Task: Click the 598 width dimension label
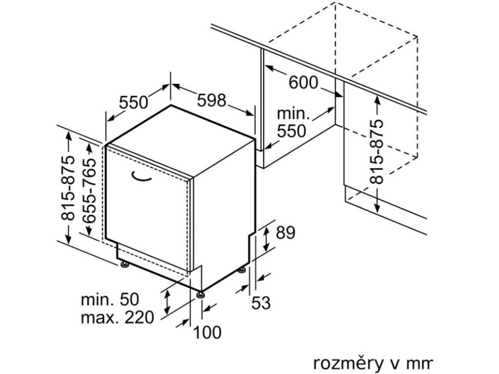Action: [x=211, y=101]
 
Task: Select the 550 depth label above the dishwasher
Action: [x=134, y=102]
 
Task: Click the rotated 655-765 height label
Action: [x=90, y=190]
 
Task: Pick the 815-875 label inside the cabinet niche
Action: [x=376, y=151]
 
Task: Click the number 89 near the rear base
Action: [x=286, y=233]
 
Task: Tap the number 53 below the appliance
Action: [x=261, y=303]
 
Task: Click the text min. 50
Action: [x=110, y=299]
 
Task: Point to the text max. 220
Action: [x=117, y=318]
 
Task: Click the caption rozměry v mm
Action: [x=372, y=362]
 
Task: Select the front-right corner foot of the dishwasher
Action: [x=200, y=295]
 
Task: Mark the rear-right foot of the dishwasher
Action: [x=242, y=269]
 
